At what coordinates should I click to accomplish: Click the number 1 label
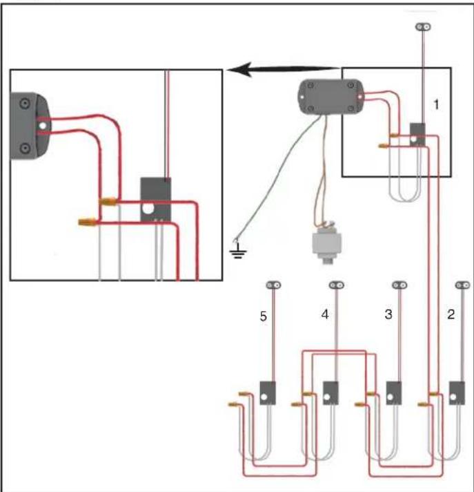436,104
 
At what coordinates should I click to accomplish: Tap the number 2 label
451,314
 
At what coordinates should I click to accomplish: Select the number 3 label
388,314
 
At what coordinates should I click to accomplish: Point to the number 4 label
325,314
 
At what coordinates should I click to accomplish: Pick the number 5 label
264,316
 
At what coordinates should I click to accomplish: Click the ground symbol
238,252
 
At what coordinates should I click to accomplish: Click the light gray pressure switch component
326,243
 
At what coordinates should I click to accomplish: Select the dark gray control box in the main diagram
330,97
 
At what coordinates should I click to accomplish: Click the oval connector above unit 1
423,27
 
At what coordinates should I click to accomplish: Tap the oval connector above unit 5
273,285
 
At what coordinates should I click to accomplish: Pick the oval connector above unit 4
337,285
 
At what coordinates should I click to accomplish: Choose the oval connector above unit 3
399,285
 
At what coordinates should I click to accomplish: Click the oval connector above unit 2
463,285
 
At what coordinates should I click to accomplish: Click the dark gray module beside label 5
268,393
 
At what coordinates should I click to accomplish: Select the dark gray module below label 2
457,393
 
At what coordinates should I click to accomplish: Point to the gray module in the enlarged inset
156,200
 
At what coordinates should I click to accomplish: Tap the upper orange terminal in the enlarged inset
108,202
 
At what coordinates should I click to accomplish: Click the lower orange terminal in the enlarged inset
88,223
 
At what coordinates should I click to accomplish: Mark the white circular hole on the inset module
148,209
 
